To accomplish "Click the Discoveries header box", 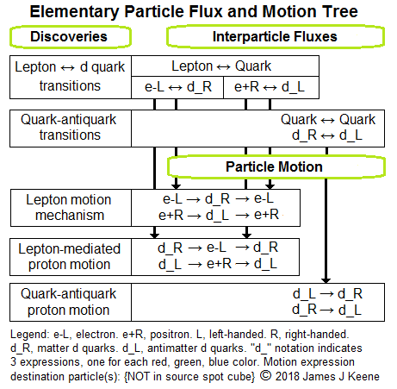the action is pyautogui.click(x=71, y=37).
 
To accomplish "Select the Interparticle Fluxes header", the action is pyautogui.click(x=275, y=36).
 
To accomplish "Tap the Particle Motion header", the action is pyautogui.click(x=276, y=166).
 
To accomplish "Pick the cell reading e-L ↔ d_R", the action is pyautogui.click(x=177, y=87).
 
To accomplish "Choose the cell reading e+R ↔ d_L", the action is pyautogui.click(x=271, y=87).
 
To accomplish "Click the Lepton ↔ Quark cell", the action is pyautogui.click(x=225, y=66).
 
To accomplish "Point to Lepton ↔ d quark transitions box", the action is pyautogui.click(x=71, y=77).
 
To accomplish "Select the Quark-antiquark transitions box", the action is pyautogui.click(x=71, y=129).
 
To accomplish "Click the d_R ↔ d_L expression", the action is pyautogui.click(x=327, y=135).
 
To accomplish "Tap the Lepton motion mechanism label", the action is pyautogui.click(x=69, y=208).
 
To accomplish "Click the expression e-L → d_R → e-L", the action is pyautogui.click(x=218, y=198).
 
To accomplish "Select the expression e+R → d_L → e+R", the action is pyautogui.click(x=219, y=215).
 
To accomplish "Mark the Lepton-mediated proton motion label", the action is pyautogui.click(x=69, y=256).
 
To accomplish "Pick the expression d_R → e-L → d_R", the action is pyautogui.click(x=218, y=248).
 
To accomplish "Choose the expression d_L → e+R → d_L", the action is pyautogui.click(x=218, y=264).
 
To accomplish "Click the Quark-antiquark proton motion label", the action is pyautogui.click(x=69, y=302).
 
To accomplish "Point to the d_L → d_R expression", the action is pyautogui.click(x=327, y=294).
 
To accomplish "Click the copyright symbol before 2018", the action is pyautogui.click(x=266, y=375).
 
